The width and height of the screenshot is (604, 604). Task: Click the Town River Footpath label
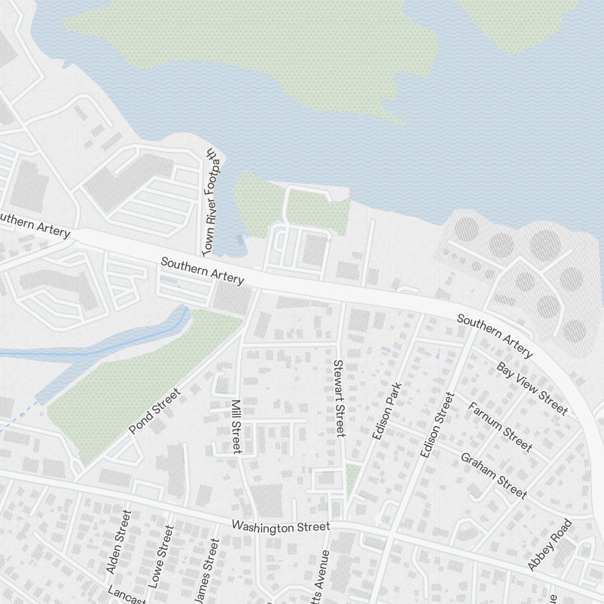tap(211, 201)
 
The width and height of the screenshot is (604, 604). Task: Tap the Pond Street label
tap(155, 411)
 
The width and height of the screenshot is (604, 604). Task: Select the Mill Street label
tap(236, 426)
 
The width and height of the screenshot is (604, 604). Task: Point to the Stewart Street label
tap(339, 398)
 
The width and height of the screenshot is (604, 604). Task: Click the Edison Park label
tap(387, 411)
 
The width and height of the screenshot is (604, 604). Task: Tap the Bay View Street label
tap(532, 388)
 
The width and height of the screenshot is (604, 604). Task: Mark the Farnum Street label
tap(500, 427)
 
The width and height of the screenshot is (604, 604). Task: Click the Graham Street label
tap(493, 475)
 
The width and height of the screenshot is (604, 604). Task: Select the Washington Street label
tap(281, 527)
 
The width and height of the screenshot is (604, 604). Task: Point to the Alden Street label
tap(118, 542)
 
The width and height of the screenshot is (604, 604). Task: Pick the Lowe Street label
tap(161, 556)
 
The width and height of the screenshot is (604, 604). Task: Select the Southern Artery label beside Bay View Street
tap(495, 335)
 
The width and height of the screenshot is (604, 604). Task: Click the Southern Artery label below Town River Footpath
tap(202, 270)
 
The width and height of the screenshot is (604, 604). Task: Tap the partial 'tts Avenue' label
tap(321, 577)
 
